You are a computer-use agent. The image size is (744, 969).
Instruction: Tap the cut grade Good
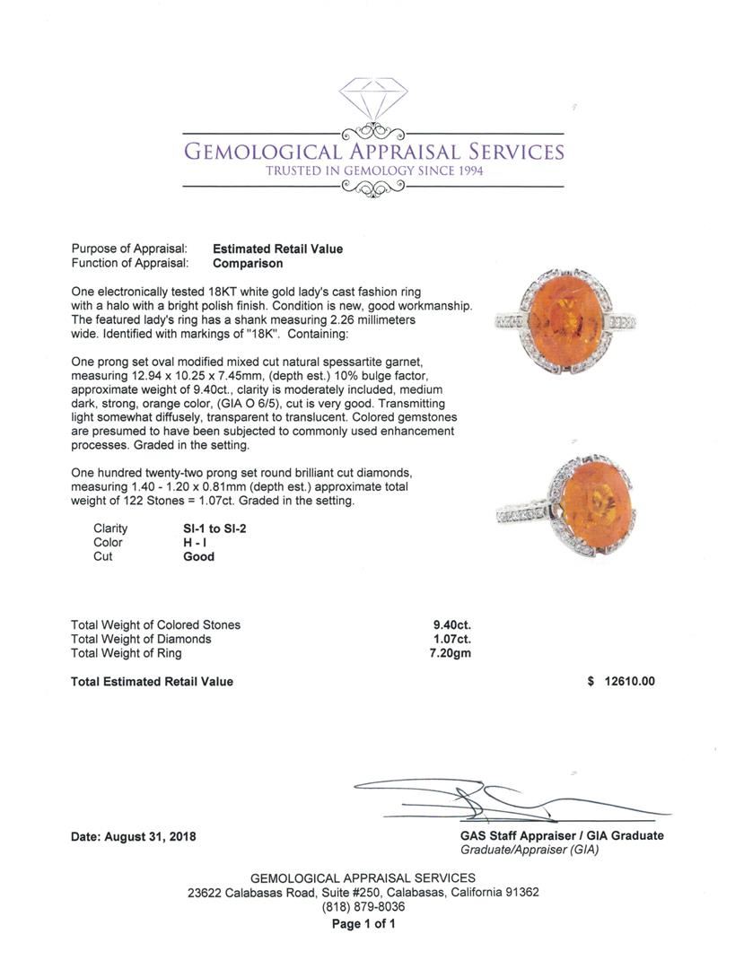coord(198,557)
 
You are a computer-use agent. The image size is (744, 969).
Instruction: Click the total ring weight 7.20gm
coord(451,653)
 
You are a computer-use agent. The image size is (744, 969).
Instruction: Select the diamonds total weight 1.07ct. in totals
coord(451,639)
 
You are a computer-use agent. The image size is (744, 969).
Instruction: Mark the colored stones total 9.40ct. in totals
coord(451,624)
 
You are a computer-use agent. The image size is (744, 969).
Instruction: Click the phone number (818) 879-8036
coord(363,907)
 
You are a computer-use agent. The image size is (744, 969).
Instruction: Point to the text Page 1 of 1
coord(363,923)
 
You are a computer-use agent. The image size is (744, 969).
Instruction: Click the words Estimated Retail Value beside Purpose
coord(277,249)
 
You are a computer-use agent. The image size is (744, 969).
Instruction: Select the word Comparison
coord(248,264)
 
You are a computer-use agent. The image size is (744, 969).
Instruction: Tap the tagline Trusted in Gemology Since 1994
coord(373,170)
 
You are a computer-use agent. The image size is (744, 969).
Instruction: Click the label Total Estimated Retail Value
coord(152,681)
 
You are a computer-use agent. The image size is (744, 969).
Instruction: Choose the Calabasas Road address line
coord(363,893)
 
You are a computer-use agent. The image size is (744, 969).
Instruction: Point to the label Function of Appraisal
coord(129,264)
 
